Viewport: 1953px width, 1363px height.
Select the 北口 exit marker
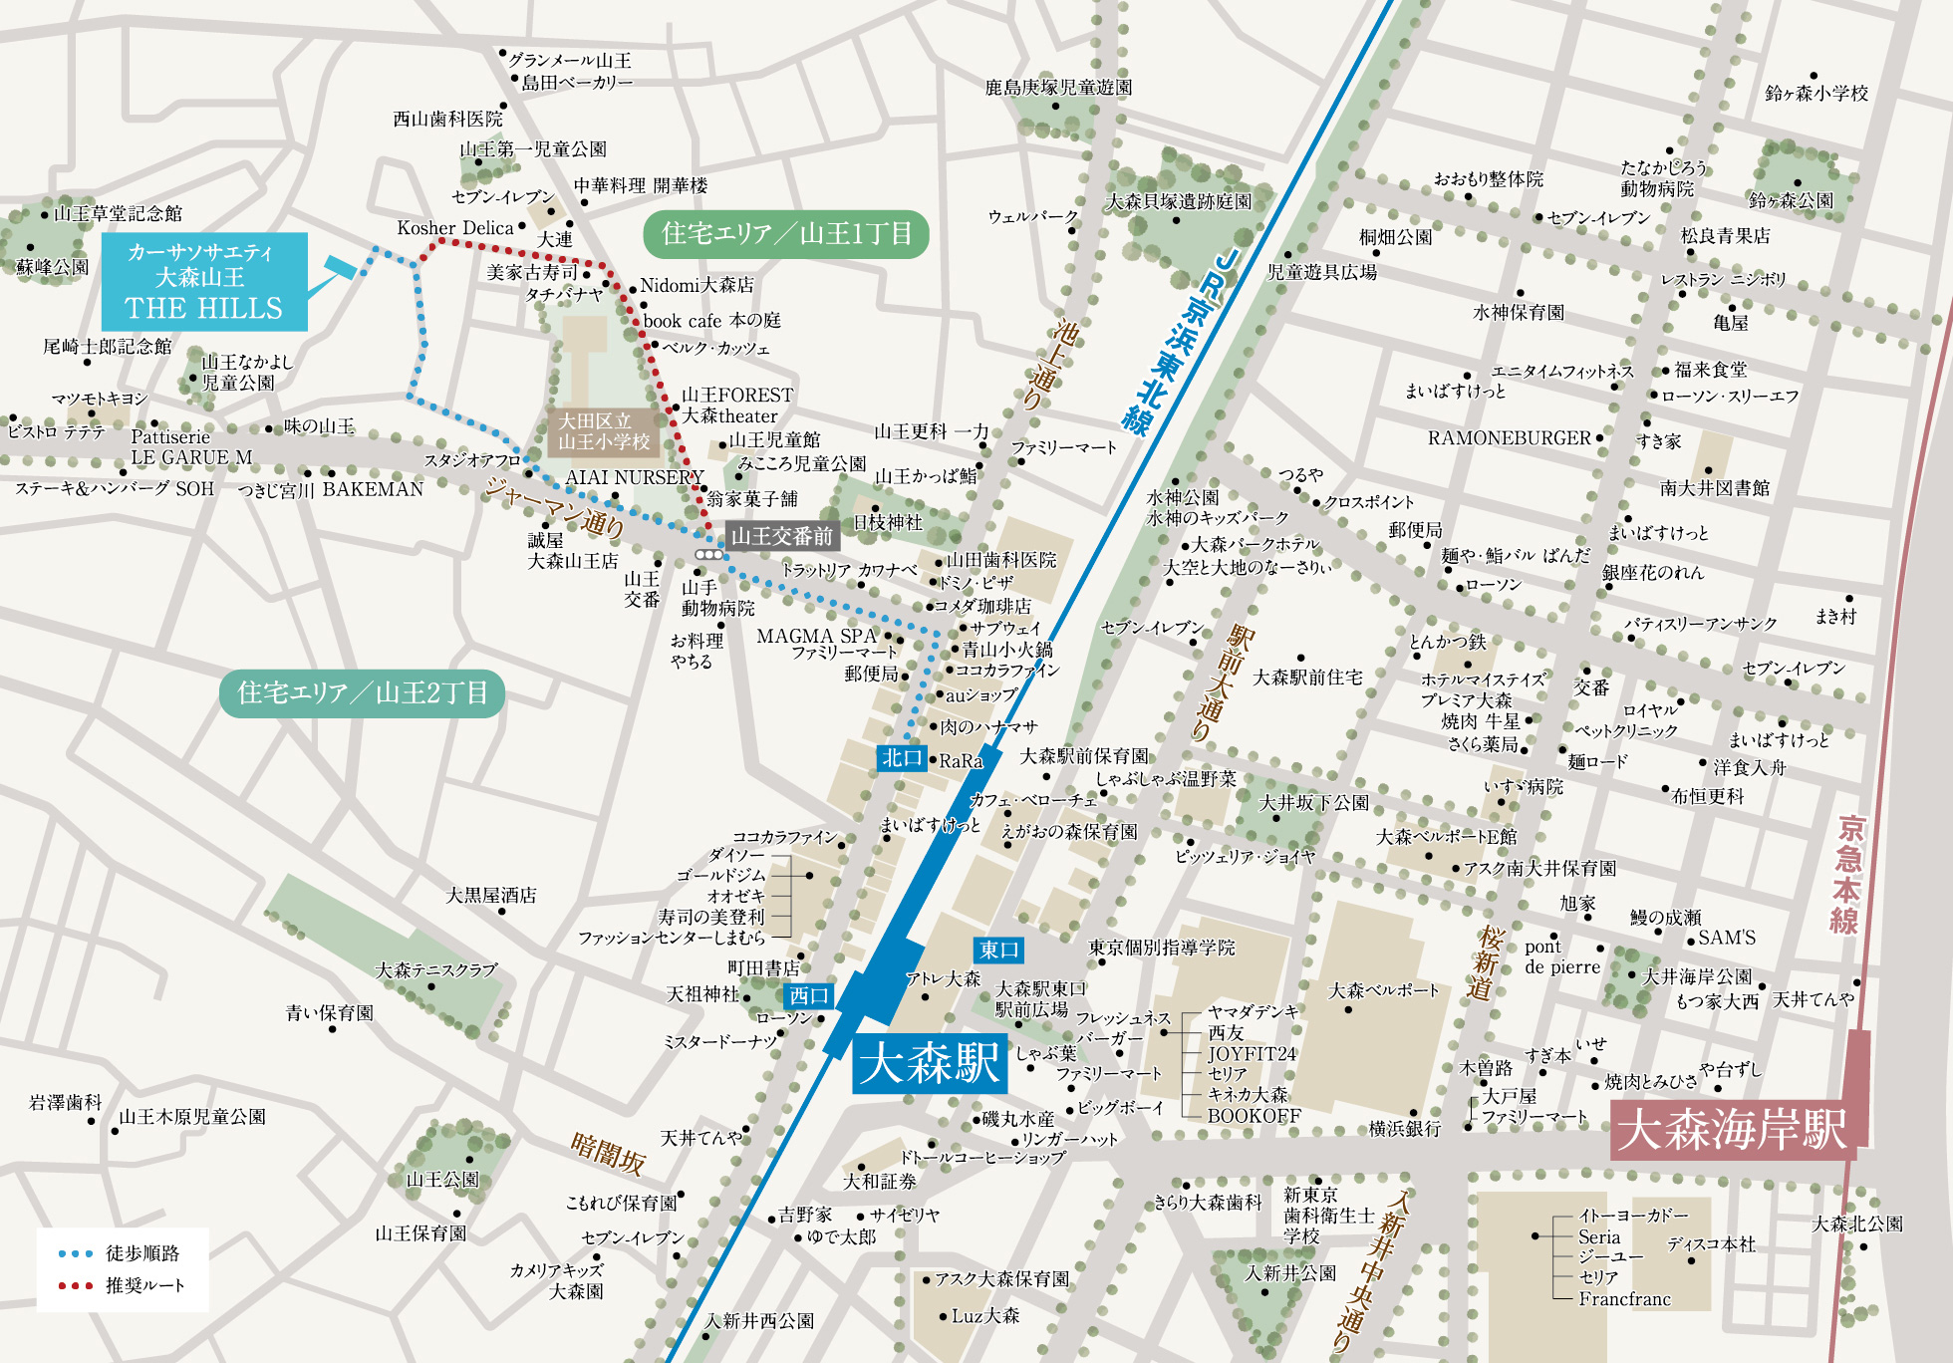(x=902, y=758)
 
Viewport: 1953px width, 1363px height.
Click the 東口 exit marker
(x=997, y=950)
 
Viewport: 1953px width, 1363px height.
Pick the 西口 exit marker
(x=808, y=995)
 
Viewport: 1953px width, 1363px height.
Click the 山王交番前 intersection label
(x=782, y=536)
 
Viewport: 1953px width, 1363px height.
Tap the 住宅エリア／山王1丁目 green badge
(x=785, y=234)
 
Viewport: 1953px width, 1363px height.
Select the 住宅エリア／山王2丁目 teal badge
(x=363, y=692)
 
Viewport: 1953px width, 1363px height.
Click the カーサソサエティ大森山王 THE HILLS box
(x=204, y=281)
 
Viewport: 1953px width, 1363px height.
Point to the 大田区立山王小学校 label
(x=603, y=431)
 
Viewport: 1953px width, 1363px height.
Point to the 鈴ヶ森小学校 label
(x=1815, y=94)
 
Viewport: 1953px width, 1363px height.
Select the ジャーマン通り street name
(x=554, y=506)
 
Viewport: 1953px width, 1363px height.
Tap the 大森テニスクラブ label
(x=435, y=969)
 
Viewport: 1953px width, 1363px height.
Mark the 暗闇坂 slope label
(x=608, y=1153)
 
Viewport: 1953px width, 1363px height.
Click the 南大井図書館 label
(x=1714, y=487)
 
